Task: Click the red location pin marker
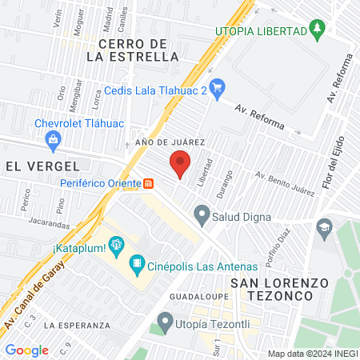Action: [x=180, y=162]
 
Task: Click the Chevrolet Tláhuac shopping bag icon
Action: [x=54, y=140]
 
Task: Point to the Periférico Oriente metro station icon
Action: [x=149, y=182]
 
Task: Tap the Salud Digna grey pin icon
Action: [x=202, y=214]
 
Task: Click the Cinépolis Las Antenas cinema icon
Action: [x=138, y=262]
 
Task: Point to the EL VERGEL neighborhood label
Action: [x=42, y=166]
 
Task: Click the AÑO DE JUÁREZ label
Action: [x=171, y=142]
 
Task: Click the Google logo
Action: [x=26, y=350]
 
